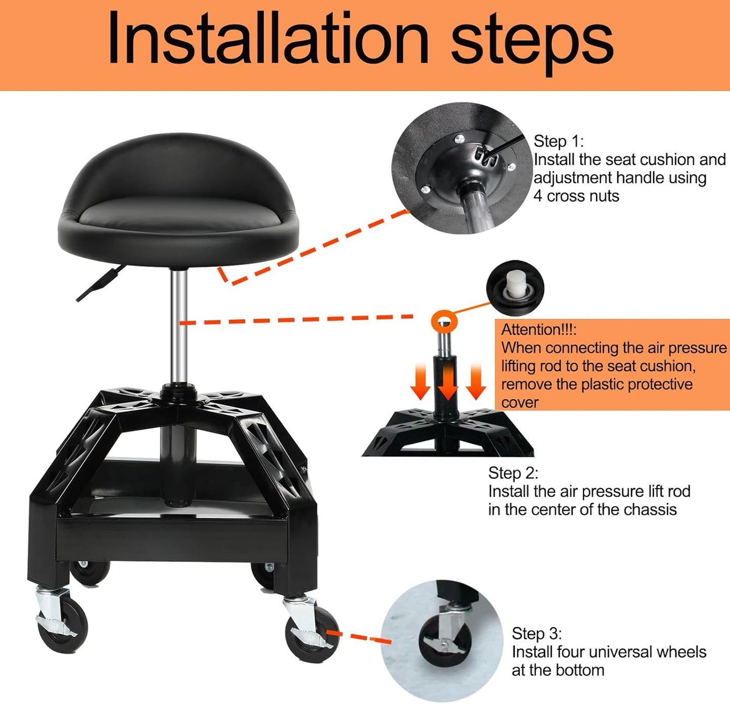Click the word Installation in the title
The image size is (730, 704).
[x=268, y=39]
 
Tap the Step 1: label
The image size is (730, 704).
[x=558, y=141]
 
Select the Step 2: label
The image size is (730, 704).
[x=513, y=473]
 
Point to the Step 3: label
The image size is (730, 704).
[x=537, y=634]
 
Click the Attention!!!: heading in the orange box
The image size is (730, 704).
[x=539, y=330]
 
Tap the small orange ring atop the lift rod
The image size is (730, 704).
[x=444, y=321]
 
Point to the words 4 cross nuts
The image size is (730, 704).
[x=576, y=196]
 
